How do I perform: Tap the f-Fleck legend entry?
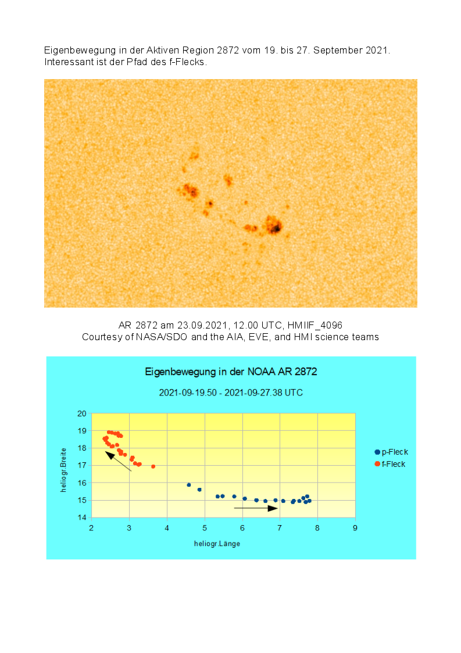point(391,464)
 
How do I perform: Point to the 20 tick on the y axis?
point(82,413)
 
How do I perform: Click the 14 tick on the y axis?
point(82,518)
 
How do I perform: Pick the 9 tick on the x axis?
point(355,528)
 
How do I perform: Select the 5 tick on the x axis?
point(205,528)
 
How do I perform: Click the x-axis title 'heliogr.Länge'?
point(217,544)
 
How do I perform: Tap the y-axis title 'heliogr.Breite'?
point(64,470)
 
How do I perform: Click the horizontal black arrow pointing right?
point(256,508)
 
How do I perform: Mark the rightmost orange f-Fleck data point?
point(153,466)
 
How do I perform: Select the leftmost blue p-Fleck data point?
point(189,484)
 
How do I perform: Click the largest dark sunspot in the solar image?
point(273,226)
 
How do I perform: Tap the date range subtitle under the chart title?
point(231,392)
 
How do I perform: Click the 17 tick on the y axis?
point(82,465)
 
